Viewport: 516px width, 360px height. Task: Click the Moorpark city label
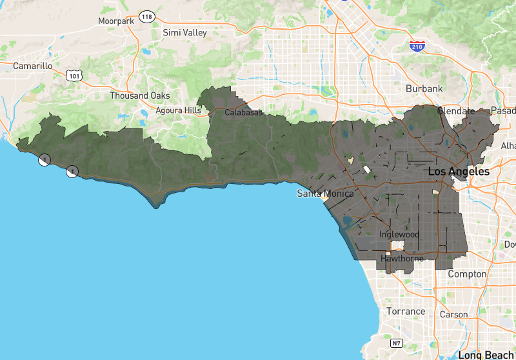coord(116,21)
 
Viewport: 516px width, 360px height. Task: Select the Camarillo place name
coord(32,66)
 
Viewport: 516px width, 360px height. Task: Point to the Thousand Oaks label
coord(140,95)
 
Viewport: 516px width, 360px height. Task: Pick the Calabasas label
coord(244,112)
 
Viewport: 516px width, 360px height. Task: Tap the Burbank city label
coord(424,88)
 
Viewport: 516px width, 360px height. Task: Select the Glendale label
coord(456,111)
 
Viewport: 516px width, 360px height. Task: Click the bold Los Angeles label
coord(459,172)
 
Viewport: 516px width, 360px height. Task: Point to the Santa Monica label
coord(325,194)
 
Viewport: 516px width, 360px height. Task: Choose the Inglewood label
coord(399,234)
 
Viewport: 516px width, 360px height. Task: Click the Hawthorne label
coord(402,259)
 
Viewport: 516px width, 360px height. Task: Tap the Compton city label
coord(467,274)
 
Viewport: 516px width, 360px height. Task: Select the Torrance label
coord(406,311)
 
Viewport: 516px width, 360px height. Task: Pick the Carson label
coord(453,315)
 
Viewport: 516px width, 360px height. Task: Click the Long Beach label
coord(486,355)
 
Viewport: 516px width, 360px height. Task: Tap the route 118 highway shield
coord(147,16)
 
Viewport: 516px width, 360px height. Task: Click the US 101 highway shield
coord(73,75)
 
